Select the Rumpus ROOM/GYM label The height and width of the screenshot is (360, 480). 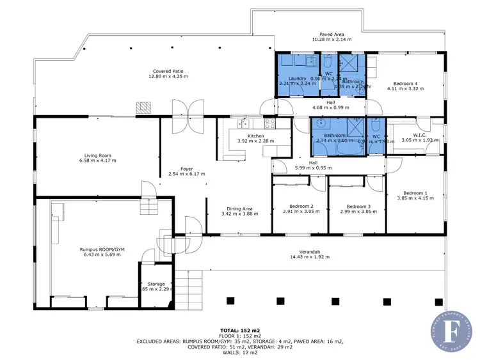click(100, 249)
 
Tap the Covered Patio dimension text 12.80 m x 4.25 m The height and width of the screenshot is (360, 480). click(170, 77)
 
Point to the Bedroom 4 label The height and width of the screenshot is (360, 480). click(406, 84)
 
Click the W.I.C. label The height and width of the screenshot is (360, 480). click(419, 134)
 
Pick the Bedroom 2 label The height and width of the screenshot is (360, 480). click(300, 207)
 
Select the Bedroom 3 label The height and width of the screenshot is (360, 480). click(358, 207)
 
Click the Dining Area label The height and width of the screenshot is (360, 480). click(239, 208)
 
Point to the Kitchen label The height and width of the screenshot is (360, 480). click(255, 136)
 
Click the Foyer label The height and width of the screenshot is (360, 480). click(186, 169)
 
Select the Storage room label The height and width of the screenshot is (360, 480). click(156, 284)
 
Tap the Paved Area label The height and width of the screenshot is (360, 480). click(332, 34)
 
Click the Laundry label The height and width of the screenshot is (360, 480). click(298, 78)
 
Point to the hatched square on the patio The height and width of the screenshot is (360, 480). click(145, 107)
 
